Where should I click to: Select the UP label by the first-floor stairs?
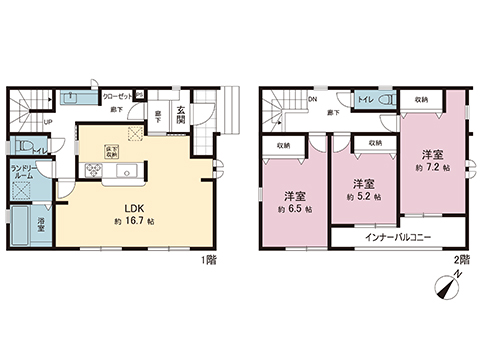tap(48, 123)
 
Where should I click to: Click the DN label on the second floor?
tap(312, 100)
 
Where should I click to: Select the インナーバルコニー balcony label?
tap(397, 238)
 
